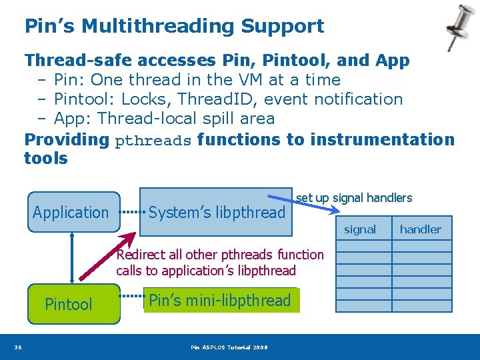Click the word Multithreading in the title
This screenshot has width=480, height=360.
(x=156, y=27)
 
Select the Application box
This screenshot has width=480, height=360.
(x=71, y=213)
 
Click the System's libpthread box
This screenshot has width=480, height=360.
(x=216, y=213)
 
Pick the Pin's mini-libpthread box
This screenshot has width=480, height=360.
(x=220, y=301)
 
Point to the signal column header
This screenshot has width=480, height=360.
(x=360, y=229)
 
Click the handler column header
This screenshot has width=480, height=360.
(x=421, y=229)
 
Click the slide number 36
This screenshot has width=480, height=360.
(x=17, y=347)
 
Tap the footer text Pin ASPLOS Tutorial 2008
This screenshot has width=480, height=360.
(x=229, y=347)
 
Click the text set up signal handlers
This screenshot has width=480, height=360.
(x=354, y=197)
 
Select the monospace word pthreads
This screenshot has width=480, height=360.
(x=153, y=141)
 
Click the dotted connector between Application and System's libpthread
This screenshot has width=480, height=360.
(x=133, y=213)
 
